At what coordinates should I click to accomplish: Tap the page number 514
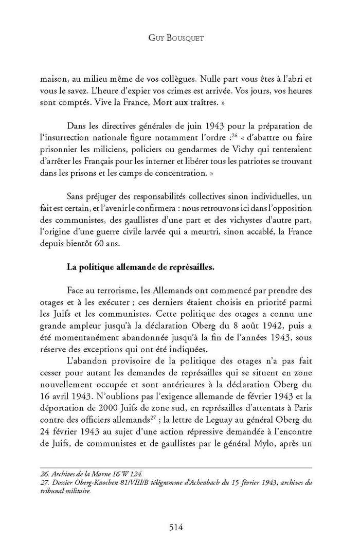pyautogui.click(x=179, y=527)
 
